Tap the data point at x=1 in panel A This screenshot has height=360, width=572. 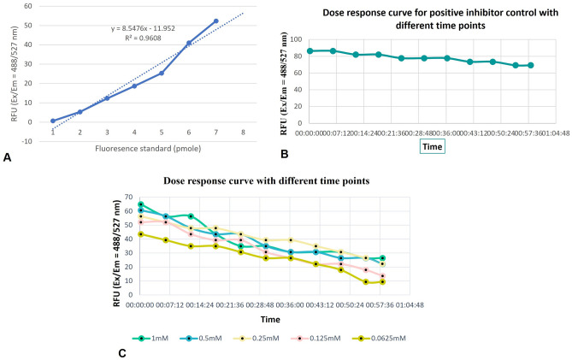click(53, 121)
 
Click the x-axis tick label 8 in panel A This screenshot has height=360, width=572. click(243, 133)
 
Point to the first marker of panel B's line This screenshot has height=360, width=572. click(310, 51)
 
